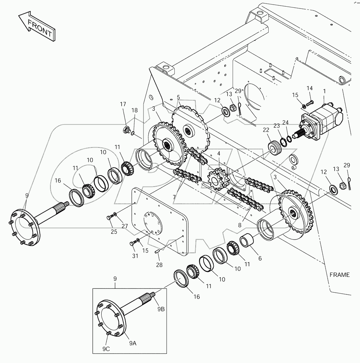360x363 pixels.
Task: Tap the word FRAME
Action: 339,274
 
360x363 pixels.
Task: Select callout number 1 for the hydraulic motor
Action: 324,91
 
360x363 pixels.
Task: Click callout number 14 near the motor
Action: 309,88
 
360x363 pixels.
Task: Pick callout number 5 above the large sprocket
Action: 178,97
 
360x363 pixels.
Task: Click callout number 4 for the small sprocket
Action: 219,153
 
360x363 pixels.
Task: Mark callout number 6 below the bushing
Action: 260,258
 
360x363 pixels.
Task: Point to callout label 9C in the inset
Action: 107,349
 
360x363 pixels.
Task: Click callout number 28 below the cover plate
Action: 159,265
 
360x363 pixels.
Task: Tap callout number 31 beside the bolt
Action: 135,256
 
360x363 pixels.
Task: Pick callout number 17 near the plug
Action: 123,104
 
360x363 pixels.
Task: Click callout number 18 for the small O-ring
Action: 135,110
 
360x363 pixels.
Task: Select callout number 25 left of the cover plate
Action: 113,231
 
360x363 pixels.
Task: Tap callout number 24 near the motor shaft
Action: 285,123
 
